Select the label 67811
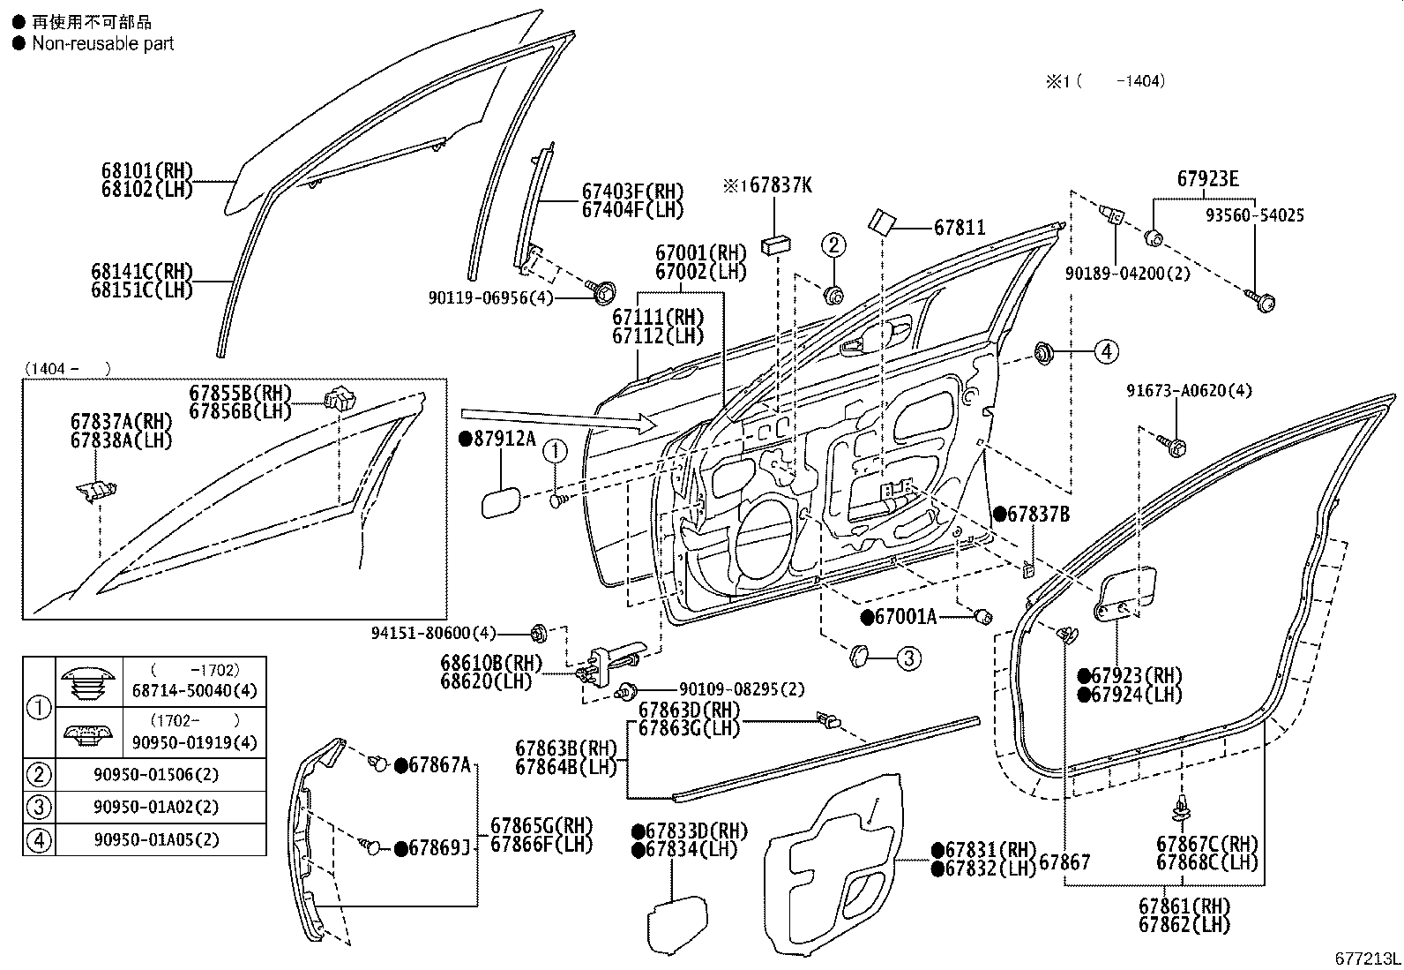(960, 228)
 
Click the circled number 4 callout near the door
(1106, 351)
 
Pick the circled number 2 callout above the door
(834, 244)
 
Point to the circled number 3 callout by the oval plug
(909, 657)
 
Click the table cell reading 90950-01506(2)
(156, 775)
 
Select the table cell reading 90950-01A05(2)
(156, 839)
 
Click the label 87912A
(504, 438)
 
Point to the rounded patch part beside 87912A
(498, 504)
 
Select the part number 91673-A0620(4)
(1188, 391)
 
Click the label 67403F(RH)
(632, 191)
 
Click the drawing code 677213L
(1365, 959)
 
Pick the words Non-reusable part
(102, 43)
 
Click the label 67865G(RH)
(541, 826)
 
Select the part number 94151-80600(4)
(434, 632)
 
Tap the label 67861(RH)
(1184, 906)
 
